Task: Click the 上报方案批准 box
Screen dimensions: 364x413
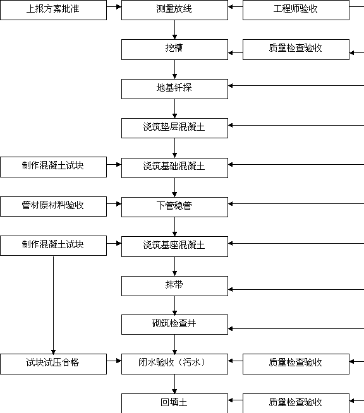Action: coord(53,9)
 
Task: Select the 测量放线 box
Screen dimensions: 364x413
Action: coord(174,9)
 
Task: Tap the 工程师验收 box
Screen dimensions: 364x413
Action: coord(296,9)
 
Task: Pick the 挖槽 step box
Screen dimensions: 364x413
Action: coord(174,49)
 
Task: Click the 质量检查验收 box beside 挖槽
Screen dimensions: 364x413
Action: coord(296,49)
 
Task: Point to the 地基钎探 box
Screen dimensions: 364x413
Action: coord(174,89)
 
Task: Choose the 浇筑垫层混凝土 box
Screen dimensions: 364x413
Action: coord(174,128)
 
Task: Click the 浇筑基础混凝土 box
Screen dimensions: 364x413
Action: coord(174,168)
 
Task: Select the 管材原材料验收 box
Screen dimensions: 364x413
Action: coord(53,206)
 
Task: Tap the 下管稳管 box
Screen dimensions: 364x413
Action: coord(174,207)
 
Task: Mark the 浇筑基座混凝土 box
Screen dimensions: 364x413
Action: coord(174,246)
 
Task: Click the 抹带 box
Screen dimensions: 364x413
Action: coord(174,286)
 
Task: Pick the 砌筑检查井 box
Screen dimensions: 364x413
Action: coord(174,325)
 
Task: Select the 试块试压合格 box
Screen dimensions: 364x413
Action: coord(53,364)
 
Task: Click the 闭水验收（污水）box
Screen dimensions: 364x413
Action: coord(174,364)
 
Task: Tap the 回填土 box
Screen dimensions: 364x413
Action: coord(174,404)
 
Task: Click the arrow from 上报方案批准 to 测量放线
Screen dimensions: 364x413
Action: coord(114,6)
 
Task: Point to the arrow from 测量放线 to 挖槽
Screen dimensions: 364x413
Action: coord(174,30)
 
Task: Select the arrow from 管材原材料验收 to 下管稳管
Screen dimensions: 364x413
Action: coord(114,203)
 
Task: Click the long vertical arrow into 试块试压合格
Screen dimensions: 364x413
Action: coord(53,305)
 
